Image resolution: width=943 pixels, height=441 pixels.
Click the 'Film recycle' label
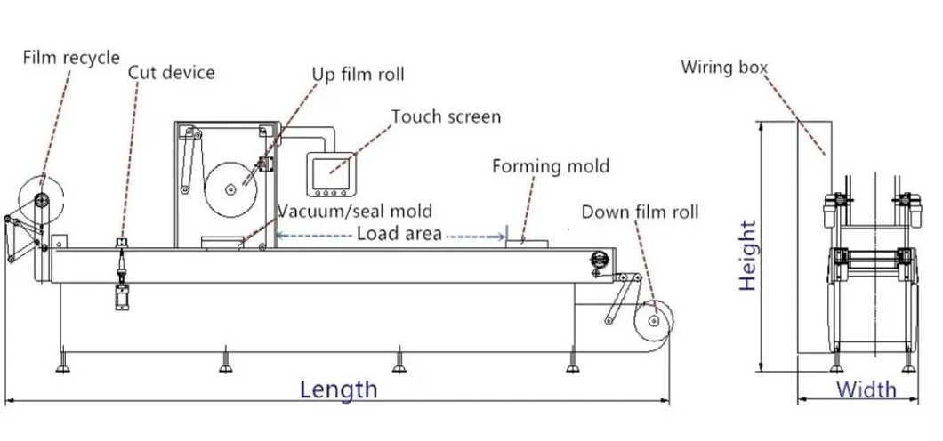(x=71, y=58)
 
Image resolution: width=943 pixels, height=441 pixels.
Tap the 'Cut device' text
(x=172, y=73)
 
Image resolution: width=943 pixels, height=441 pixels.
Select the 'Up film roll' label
(x=358, y=74)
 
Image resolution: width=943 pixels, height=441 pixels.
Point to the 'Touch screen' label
(x=446, y=116)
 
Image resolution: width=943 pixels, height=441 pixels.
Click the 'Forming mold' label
(x=551, y=166)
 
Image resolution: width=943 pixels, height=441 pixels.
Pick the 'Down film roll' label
(x=640, y=212)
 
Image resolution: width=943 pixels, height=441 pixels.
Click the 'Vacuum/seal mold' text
(x=356, y=212)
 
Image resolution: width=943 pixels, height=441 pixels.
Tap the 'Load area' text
(x=399, y=234)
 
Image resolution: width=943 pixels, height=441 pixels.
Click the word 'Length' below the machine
(x=338, y=389)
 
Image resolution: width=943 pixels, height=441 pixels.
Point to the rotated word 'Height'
(x=747, y=255)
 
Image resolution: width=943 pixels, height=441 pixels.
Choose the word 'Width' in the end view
(x=866, y=389)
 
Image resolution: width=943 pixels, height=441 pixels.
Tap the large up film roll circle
(x=230, y=188)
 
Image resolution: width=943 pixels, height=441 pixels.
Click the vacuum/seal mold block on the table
(x=223, y=241)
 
